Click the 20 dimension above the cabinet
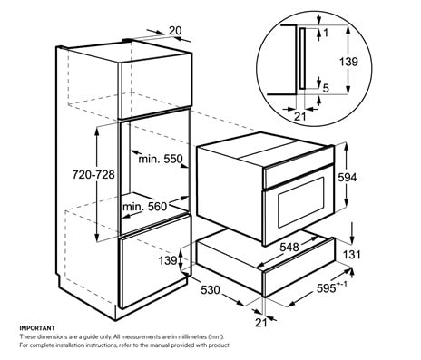(x=175, y=30)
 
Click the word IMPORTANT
(x=38, y=326)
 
